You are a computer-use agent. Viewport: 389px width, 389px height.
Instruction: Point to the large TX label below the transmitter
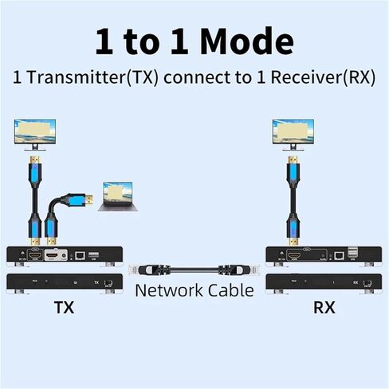click(x=64, y=307)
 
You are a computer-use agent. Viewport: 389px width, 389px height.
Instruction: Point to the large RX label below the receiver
click(x=323, y=307)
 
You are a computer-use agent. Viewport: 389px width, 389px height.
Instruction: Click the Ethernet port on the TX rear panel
click(x=81, y=255)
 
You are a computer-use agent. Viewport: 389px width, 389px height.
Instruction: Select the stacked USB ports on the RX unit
click(x=353, y=254)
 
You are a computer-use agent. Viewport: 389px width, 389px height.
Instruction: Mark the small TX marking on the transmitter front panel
click(x=97, y=281)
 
